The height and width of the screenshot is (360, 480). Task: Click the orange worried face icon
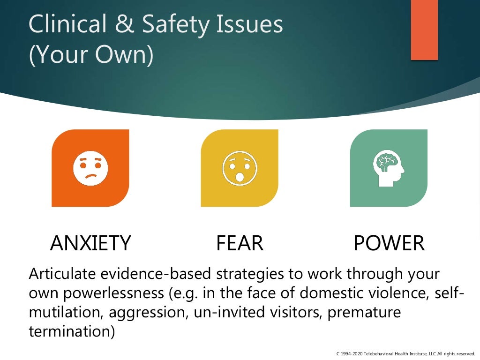coord(90,168)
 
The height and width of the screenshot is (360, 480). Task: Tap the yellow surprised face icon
coord(240,168)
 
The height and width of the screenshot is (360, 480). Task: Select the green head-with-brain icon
coord(389,168)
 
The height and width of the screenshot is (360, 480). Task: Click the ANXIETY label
coord(90,243)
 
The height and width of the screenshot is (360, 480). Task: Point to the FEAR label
coord(240,243)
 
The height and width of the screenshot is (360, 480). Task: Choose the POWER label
coord(389,243)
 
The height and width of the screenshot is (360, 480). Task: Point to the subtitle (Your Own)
coord(91,55)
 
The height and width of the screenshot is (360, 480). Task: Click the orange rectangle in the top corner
coord(424,30)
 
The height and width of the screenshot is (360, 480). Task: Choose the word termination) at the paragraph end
coord(72,331)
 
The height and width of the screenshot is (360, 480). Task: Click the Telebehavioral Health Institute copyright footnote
coord(405,353)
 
